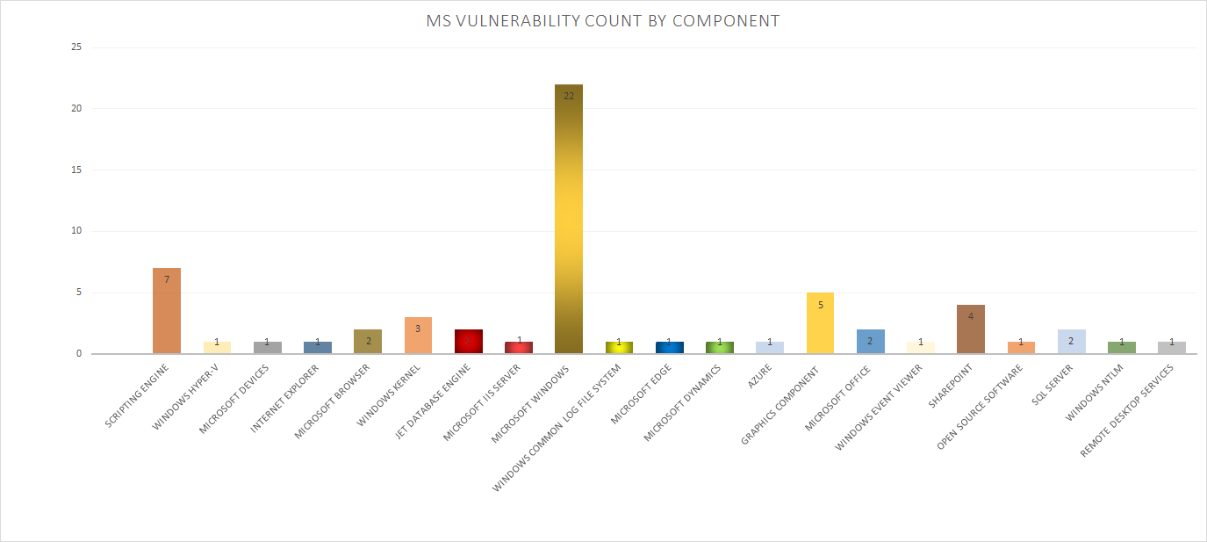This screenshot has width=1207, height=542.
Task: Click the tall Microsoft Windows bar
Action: pos(568,220)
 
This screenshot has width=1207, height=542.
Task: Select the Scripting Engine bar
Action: pos(167,311)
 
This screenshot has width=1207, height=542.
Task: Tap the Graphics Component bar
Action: pos(820,323)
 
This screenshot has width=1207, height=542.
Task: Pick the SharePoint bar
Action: pos(970,329)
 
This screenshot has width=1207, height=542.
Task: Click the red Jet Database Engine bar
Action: pos(468,342)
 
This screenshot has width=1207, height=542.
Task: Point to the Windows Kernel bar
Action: pos(418,336)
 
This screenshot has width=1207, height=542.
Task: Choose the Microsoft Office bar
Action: pos(870,342)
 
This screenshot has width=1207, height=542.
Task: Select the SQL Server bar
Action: pos(1071,342)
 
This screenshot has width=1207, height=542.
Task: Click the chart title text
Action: pos(603,21)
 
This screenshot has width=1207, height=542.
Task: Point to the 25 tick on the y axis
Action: pos(76,47)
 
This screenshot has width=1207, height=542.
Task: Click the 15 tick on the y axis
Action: pos(76,170)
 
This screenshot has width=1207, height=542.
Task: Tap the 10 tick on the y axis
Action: pos(76,231)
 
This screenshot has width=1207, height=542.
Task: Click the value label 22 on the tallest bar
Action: pos(569,96)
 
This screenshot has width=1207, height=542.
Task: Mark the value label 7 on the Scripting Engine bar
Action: pos(167,279)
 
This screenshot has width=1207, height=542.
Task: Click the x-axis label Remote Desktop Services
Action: pos(1126,409)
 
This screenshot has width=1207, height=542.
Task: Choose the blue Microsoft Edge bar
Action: pos(669,348)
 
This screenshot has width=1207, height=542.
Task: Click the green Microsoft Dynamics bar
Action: pos(719,348)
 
